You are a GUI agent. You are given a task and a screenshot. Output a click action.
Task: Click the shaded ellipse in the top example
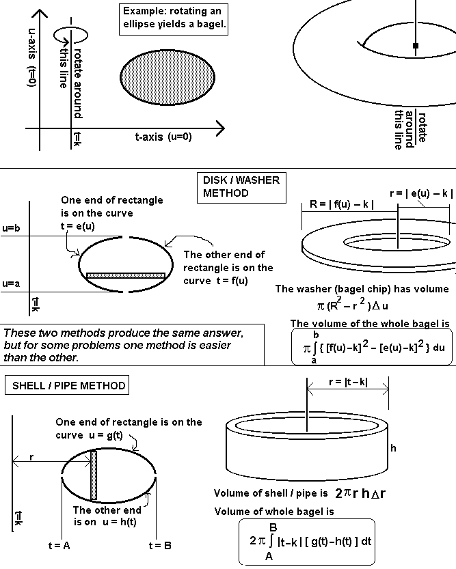[167, 77]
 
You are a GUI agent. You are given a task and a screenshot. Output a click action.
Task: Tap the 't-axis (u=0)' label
[163, 137]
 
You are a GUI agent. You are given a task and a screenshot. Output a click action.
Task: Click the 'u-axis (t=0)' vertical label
[32, 57]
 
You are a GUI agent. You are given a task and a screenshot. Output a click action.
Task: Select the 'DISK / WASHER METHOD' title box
[242, 187]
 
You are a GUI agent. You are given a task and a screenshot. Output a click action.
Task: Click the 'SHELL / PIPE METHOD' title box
[67, 385]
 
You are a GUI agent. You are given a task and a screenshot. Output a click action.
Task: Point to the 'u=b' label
[11, 228]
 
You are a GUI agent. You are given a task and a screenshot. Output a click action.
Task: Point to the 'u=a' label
[11, 283]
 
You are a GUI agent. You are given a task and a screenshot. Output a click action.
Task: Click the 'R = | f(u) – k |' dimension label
[341, 204]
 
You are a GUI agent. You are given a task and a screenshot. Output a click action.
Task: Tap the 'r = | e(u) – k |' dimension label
[421, 193]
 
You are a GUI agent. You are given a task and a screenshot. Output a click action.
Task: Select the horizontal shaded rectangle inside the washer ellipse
[126, 276]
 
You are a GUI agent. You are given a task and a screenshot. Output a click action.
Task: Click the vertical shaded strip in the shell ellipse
[94, 475]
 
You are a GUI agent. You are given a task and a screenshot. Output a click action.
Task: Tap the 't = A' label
[59, 545]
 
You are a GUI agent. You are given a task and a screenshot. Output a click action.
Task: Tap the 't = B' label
[160, 545]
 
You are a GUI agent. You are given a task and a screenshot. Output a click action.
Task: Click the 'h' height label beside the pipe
[393, 448]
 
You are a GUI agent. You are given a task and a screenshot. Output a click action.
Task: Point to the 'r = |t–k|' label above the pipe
[348, 382]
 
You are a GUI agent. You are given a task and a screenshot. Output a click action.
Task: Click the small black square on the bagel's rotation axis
[416, 46]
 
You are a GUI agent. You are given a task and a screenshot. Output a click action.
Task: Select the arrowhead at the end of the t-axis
[220, 128]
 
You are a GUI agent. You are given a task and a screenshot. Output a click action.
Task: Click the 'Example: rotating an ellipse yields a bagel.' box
[174, 19]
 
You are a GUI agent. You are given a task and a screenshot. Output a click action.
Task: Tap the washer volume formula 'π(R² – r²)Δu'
[353, 304]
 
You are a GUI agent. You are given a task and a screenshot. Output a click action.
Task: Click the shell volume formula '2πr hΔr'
[360, 492]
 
